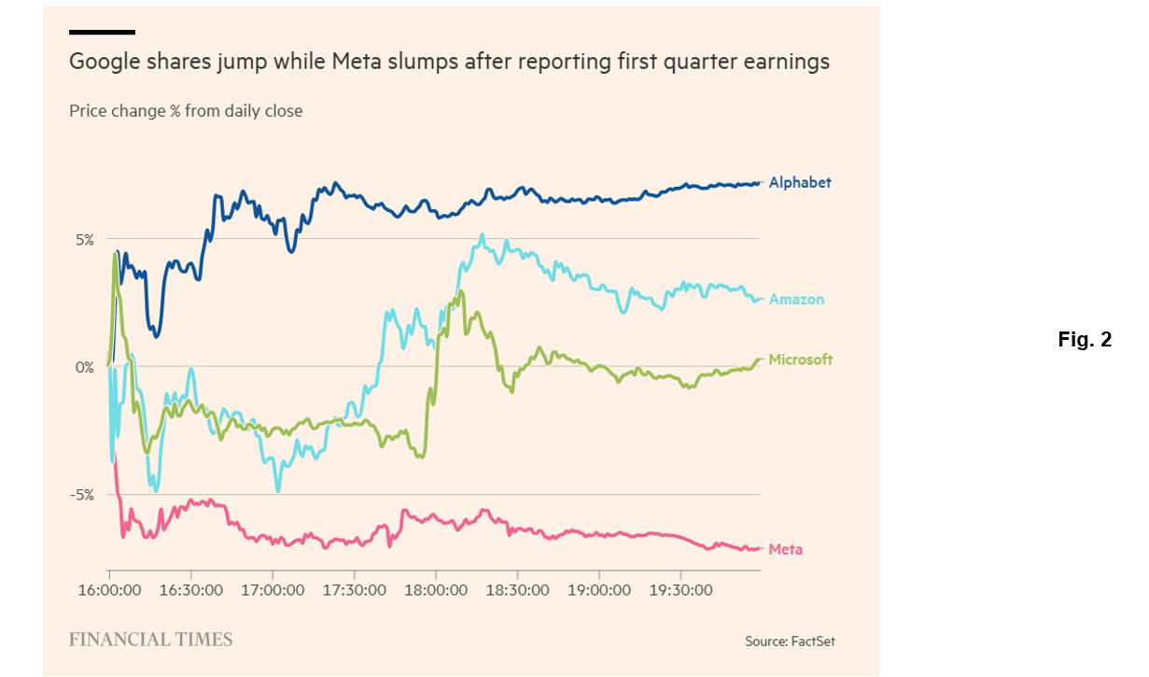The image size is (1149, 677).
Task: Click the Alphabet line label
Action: coord(799,183)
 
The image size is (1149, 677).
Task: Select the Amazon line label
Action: coord(796,300)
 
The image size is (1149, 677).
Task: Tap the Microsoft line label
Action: coord(800,360)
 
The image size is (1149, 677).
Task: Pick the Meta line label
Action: coord(785,549)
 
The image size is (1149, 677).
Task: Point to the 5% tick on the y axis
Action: coord(85,239)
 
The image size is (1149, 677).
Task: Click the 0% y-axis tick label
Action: coord(85,367)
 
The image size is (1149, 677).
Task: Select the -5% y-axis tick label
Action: coord(83,495)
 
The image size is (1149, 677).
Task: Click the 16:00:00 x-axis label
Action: coord(109,590)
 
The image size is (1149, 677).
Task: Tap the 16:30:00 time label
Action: coord(190,590)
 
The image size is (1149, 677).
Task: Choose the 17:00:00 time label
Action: coord(273,590)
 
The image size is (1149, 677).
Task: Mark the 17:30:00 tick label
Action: coord(354,590)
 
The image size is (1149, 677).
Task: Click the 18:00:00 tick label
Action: coord(436,590)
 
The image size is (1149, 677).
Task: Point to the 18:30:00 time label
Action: coord(517,590)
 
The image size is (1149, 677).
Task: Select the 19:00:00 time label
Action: coord(599,590)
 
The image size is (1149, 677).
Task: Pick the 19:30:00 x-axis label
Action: coord(680,590)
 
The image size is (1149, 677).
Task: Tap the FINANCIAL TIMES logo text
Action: coord(151,640)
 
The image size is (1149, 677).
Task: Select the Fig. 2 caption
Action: coord(1085,340)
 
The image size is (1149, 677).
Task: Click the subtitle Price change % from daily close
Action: coord(186,111)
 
